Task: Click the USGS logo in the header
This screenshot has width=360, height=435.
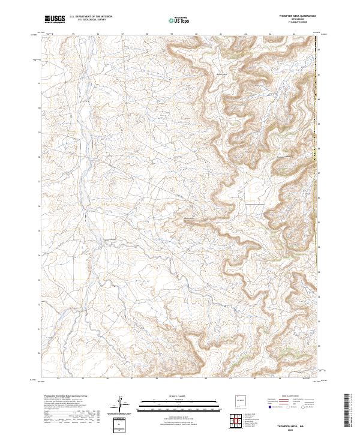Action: point(55,19)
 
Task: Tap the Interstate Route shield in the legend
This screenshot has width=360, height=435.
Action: point(269,407)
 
